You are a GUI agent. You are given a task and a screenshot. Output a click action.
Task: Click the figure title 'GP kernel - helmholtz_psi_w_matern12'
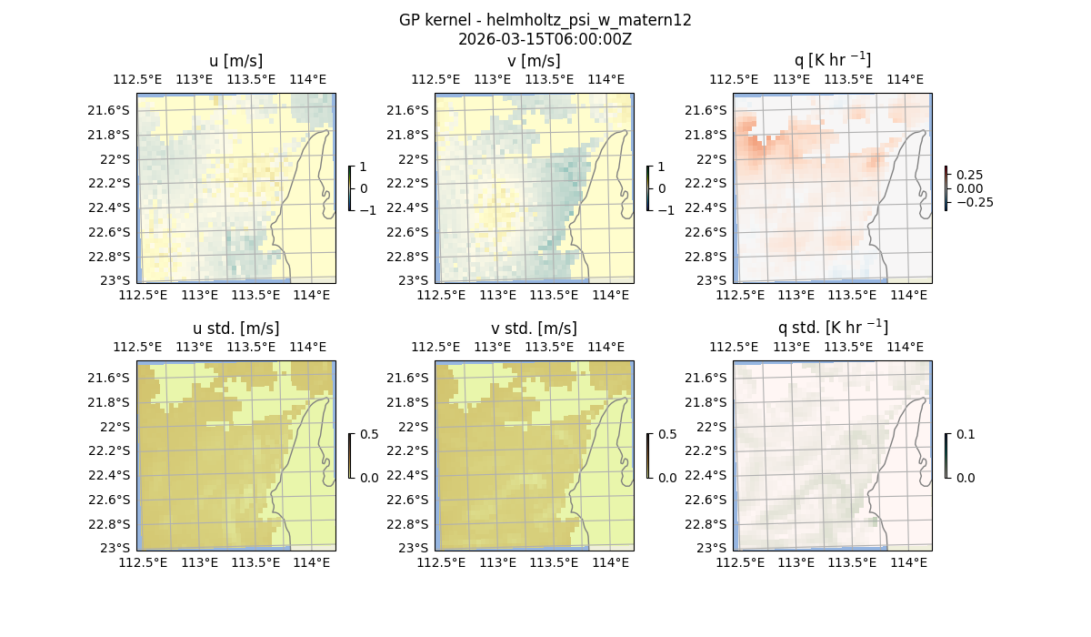[x=545, y=20]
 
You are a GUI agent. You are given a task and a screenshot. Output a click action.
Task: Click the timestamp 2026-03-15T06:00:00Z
[x=545, y=39]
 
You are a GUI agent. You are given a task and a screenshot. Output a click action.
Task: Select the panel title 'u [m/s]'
[x=235, y=61]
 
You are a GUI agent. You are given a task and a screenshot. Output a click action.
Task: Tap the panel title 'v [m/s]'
[x=534, y=61]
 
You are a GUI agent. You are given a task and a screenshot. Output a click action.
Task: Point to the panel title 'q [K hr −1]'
[x=832, y=60]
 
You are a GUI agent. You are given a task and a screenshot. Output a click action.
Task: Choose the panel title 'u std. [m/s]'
[x=235, y=329]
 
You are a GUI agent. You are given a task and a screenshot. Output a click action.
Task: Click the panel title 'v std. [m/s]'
[x=534, y=329]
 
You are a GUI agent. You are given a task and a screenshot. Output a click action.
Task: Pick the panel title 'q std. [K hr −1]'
[x=832, y=328]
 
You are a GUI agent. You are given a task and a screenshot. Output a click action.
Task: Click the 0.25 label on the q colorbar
[x=969, y=175]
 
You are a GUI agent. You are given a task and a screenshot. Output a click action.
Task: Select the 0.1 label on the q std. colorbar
[x=965, y=435]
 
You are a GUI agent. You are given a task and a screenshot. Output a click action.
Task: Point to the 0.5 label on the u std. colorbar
[x=369, y=435]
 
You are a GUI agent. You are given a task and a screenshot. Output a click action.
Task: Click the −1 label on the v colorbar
[x=666, y=210]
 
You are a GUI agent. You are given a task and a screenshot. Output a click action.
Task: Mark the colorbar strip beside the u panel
[x=350, y=188]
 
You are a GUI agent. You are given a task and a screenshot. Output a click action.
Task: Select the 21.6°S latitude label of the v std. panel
[x=414, y=378]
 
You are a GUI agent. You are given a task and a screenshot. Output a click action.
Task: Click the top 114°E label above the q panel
[x=905, y=80]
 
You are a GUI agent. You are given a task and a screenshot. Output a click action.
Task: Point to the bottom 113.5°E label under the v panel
[x=554, y=296]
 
